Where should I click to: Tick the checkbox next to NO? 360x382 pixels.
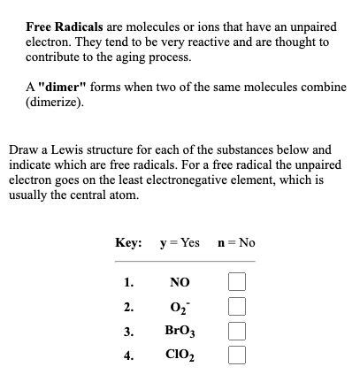tap(236, 284)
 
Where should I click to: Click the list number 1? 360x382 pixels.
tap(129, 285)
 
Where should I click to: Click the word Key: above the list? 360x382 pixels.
tap(129, 242)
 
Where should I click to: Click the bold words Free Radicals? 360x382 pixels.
tap(62, 27)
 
